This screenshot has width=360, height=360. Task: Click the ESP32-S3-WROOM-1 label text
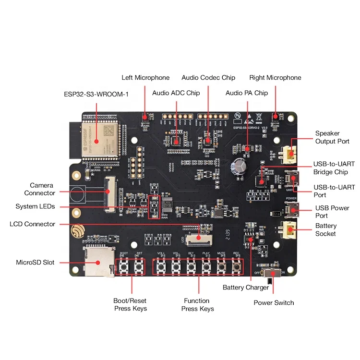point(96,94)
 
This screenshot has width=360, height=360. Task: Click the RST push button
point(139,265)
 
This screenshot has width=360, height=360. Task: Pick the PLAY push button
point(206,265)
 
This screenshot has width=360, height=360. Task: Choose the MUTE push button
point(222,265)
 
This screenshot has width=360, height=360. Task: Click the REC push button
point(237,265)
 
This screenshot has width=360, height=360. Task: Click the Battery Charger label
point(246,288)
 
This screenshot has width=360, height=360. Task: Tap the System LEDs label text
point(35,206)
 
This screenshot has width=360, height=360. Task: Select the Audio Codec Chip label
point(208,78)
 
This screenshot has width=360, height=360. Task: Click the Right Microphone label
point(275,78)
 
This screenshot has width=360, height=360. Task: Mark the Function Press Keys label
point(197,305)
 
